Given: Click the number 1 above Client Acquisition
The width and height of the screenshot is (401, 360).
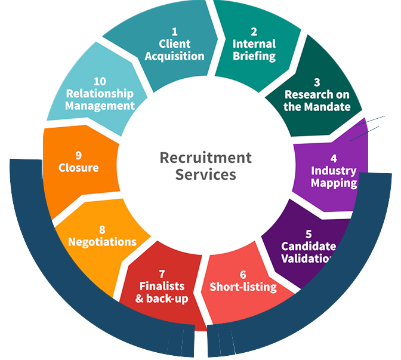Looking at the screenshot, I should pos(175,31).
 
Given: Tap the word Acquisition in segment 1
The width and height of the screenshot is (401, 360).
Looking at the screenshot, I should pos(175,56).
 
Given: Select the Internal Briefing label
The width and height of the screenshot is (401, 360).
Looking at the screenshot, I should pos(254,50).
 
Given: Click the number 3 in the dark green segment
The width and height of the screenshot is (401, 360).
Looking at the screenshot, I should pos(317,82).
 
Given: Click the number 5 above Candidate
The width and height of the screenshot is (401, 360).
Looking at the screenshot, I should pos(309,233).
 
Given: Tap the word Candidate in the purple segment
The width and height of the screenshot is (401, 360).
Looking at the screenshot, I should pos(309,246).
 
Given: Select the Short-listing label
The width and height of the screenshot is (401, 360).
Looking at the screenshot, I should pos(243,287).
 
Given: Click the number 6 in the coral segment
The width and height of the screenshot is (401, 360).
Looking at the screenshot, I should pos(243,275).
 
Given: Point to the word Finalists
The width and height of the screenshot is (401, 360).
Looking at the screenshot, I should pos(162,285).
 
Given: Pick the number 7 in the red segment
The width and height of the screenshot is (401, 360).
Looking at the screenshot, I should pos(162,273).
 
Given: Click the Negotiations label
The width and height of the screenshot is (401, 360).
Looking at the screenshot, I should pos(102,242).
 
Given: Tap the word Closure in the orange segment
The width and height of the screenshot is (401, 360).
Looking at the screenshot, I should pos(78,168).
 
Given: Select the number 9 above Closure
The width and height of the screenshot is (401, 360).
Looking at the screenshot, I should pos(78,155).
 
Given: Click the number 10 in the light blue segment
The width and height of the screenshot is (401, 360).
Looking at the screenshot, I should pos(100,81).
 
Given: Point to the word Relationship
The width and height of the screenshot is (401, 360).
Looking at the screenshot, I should pos(100,93).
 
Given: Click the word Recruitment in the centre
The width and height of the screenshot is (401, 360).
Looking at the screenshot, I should pos(205,158).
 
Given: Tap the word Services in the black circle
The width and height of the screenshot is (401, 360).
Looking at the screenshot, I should pos(205,175).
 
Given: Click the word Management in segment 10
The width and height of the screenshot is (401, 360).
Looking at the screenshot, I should pos(100,106).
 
